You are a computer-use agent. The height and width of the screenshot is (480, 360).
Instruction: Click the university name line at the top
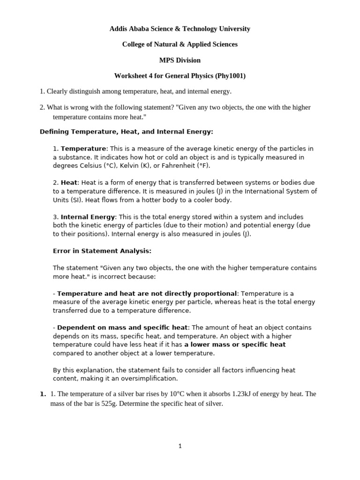point(180,29)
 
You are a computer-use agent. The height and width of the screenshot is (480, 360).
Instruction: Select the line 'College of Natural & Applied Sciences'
point(180,44)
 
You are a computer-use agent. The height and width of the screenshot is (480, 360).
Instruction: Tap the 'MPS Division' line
point(180,60)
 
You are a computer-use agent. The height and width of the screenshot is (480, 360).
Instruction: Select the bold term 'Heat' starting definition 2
point(68,182)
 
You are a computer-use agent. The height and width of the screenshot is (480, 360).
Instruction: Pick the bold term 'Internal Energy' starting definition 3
point(88,217)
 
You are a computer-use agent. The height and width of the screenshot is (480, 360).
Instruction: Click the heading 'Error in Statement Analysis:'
point(102,251)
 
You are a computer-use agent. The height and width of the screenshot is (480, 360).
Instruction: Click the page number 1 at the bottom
point(180,446)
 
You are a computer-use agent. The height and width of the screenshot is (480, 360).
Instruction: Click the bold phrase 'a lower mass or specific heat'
point(235,344)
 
